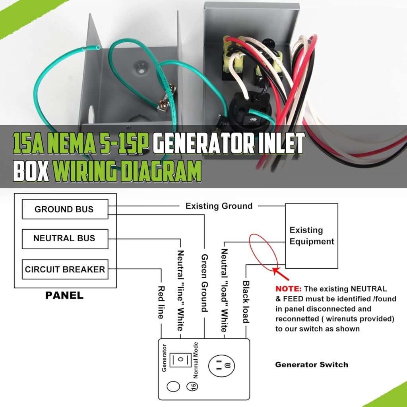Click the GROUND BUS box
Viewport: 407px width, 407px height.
coord(65,209)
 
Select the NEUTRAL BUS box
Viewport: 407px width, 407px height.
coord(65,239)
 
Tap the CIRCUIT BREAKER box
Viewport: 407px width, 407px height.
coord(65,269)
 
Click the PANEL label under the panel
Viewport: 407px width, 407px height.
coord(64,295)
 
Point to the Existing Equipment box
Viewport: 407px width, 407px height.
coord(312,236)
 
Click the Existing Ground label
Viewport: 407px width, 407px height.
coord(219,206)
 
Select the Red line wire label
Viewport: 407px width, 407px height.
coord(161,302)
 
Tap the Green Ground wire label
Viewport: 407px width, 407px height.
coord(205,283)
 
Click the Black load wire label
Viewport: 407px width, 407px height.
coord(246,302)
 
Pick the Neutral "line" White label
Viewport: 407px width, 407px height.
coord(180,291)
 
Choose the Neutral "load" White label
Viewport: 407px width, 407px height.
coord(224,291)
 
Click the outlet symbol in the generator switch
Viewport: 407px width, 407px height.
coord(221,366)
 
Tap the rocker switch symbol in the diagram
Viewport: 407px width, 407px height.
coord(180,360)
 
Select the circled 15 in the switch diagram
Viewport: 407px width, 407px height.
coord(192,386)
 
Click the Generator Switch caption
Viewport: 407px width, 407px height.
coord(312,365)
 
